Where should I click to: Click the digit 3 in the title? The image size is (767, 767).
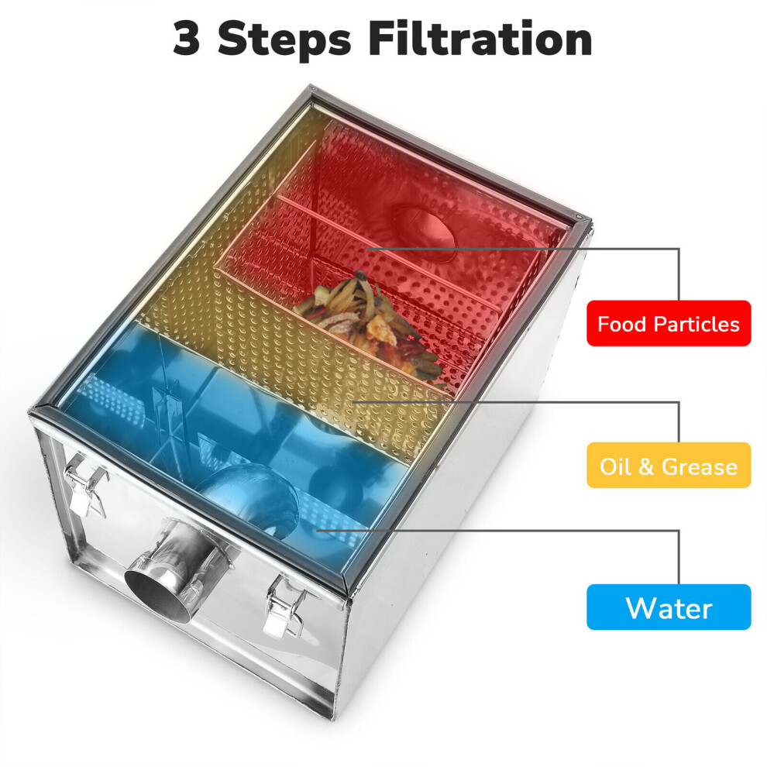pyautogui.click(x=187, y=39)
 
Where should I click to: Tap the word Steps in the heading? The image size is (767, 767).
pyautogui.click(x=284, y=40)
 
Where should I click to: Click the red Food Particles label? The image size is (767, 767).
pyautogui.click(x=669, y=323)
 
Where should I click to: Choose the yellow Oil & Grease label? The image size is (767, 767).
pyautogui.click(x=669, y=465)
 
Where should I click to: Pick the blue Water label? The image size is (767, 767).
pyautogui.click(x=669, y=607)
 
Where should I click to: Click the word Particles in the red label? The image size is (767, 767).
pyautogui.click(x=696, y=325)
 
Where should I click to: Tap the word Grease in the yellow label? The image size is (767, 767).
pyautogui.click(x=700, y=466)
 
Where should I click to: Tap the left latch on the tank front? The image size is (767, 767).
pyautogui.click(x=85, y=483)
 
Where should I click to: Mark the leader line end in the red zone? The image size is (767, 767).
pyautogui.click(x=368, y=249)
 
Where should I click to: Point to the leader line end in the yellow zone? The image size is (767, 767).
pyautogui.click(x=353, y=402)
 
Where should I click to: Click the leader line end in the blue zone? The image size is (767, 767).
pyautogui.click(x=317, y=530)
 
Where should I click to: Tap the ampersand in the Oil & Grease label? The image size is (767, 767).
pyautogui.click(x=645, y=466)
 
